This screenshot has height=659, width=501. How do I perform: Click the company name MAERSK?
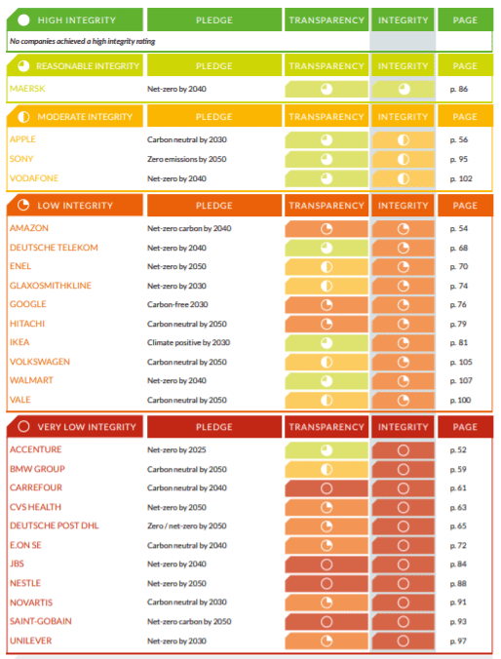[x=27, y=89]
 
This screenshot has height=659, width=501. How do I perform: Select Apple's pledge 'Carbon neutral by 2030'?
[x=186, y=139]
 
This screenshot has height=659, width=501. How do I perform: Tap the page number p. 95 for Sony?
[x=458, y=159]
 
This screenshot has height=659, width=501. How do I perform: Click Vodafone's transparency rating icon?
[x=327, y=178]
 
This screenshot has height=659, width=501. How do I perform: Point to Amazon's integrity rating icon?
[x=404, y=229]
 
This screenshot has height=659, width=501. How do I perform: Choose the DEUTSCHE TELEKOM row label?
[x=54, y=248]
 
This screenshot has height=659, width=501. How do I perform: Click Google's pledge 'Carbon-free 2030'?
[x=177, y=304]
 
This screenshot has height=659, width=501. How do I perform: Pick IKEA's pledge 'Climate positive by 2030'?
[x=188, y=342]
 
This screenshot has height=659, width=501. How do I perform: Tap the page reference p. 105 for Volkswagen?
[x=461, y=362]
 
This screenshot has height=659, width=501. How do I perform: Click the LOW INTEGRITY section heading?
[x=75, y=206]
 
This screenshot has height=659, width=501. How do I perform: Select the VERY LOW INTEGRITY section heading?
[x=87, y=427]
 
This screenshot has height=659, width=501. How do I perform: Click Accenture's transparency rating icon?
[x=327, y=450]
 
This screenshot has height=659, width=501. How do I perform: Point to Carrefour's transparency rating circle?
[x=327, y=488]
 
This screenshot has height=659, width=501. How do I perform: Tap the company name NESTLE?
[x=25, y=583]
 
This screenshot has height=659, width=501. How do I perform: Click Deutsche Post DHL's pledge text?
[x=186, y=525]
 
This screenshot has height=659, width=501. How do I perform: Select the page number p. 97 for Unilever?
[x=458, y=640]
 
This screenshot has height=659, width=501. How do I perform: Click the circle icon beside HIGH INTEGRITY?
[x=24, y=19]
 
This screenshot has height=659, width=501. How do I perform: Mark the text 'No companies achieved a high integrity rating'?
[x=83, y=41]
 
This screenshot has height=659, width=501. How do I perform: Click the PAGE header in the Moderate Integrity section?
[x=465, y=117]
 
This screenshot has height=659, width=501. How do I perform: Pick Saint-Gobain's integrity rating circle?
[x=404, y=622]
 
